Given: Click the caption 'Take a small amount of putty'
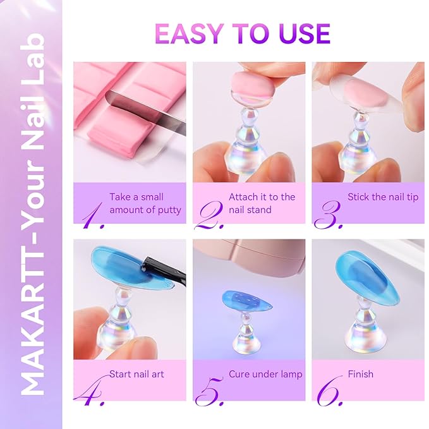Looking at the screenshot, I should click(145, 203).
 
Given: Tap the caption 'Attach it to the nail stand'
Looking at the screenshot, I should click(262, 203).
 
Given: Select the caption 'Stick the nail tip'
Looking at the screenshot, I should click(383, 197).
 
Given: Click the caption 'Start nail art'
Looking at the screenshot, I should click(136, 374).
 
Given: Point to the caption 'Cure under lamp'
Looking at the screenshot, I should click(265, 374).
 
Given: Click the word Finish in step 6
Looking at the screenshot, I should click(360, 374).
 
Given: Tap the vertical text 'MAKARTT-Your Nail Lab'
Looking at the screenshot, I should click(32, 215).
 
